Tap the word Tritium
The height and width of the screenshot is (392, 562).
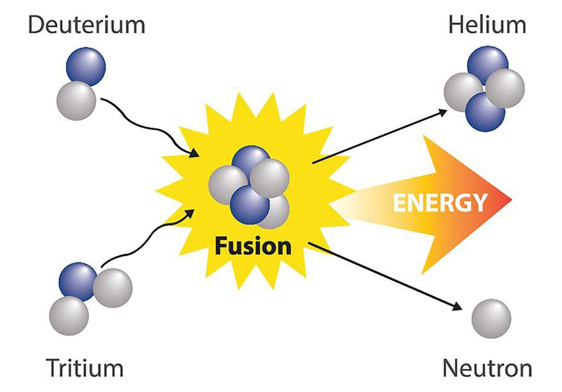(x=84, y=368)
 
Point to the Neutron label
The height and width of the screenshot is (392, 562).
(x=487, y=368)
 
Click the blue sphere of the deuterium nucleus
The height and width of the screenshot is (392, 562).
(x=86, y=67)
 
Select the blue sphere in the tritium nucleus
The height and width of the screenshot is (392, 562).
(x=77, y=281)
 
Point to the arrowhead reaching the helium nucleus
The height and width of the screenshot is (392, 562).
(x=443, y=112)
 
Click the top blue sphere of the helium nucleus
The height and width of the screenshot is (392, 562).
(x=487, y=64)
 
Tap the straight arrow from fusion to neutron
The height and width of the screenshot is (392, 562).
(x=384, y=275)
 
